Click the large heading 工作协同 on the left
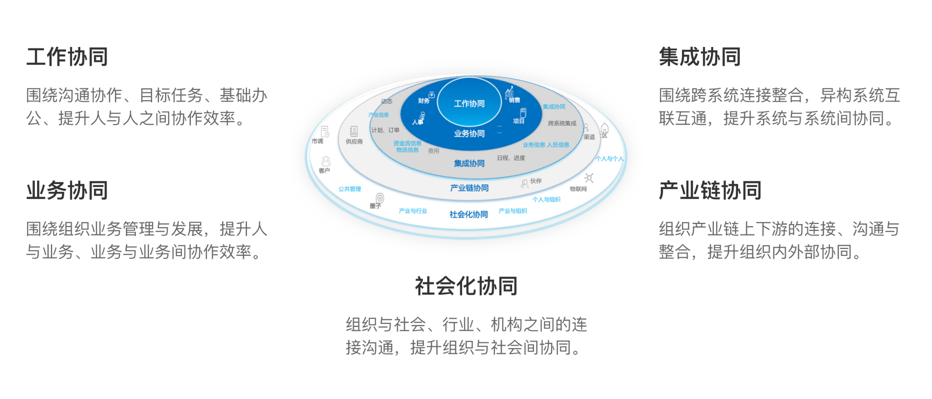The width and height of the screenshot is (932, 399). point(67,57)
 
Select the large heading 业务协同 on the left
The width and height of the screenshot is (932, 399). point(67,190)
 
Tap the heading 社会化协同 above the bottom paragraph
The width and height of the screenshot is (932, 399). point(466,286)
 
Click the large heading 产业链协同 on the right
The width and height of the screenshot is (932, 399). point(710,190)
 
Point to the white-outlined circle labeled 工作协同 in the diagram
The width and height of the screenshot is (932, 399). point(469,103)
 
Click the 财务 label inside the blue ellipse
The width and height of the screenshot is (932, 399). point(424,101)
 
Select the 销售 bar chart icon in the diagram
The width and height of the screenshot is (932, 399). point(510,92)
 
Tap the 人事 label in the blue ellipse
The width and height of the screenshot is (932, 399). point(417,122)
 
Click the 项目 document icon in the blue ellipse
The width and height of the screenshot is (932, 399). point(523,113)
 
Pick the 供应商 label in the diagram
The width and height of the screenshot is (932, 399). point(354,141)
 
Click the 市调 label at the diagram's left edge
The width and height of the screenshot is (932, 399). point(317,141)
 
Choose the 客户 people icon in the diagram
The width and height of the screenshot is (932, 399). point(326,161)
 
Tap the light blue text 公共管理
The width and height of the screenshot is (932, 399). point(350,189)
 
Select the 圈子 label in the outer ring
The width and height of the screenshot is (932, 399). point(375,206)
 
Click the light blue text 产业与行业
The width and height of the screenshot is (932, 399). point(413,211)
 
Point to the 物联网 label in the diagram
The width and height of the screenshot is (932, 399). point(578,189)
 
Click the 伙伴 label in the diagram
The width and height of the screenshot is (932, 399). point(536,181)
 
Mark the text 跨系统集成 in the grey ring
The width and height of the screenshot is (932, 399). point(562,123)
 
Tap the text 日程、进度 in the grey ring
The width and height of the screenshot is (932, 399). point(511,158)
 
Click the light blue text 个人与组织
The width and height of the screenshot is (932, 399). point(546,199)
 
